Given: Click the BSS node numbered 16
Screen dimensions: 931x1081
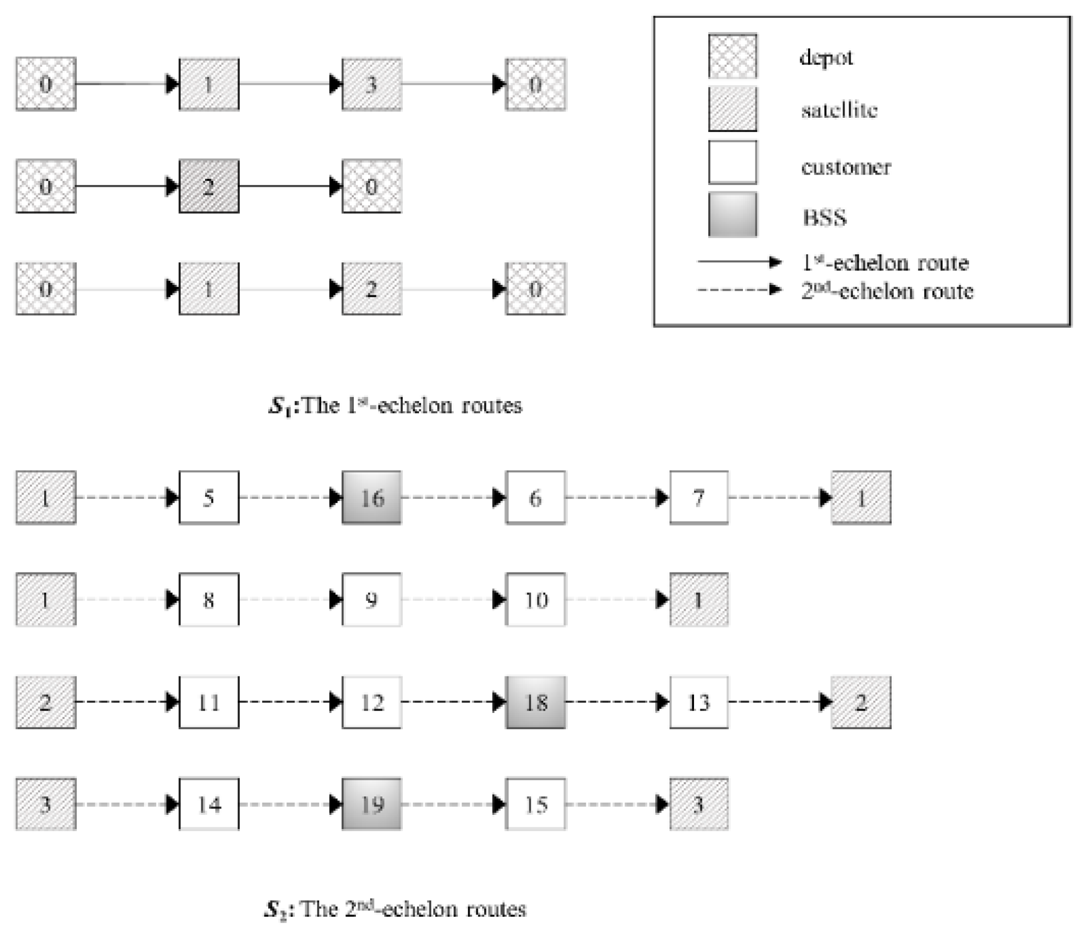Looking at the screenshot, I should pyautogui.click(x=372, y=497).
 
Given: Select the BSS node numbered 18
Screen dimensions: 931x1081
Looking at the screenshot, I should pyautogui.click(x=535, y=702).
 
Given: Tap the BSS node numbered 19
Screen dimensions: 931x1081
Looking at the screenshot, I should pyautogui.click(x=372, y=804).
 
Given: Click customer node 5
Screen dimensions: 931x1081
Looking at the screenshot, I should pyautogui.click(x=209, y=497).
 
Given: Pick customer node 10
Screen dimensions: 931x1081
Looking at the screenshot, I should pyautogui.click(x=535, y=599).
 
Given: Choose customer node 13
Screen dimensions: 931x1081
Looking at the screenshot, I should pyautogui.click(x=699, y=702).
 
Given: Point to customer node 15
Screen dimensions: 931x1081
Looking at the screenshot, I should pyautogui.click(x=535, y=804).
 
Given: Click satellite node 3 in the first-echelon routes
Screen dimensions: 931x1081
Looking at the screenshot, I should pyautogui.click(x=372, y=84).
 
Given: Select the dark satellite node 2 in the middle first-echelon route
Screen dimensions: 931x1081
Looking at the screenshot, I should pyautogui.click(x=209, y=187).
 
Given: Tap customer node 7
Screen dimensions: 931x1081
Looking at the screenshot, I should pyautogui.click(x=699, y=497).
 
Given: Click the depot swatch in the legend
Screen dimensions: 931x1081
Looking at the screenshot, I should pyautogui.click(x=732, y=56).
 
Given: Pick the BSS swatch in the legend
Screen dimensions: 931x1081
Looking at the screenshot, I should pyautogui.click(x=732, y=214).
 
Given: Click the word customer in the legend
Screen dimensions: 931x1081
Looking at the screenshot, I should pyautogui.click(x=845, y=167).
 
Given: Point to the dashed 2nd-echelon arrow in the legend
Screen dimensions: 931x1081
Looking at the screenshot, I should pyautogui.click(x=739, y=290).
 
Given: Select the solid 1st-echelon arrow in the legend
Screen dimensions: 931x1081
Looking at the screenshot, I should pyautogui.click(x=739, y=262).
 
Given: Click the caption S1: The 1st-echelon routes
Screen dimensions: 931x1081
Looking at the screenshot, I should pyautogui.click(x=395, y=406).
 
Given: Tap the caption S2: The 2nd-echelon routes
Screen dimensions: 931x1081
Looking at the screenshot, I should pyautogui.click(x=395, y=909).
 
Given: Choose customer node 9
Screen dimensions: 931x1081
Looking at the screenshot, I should pyautogui.click(x=372, y=599).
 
